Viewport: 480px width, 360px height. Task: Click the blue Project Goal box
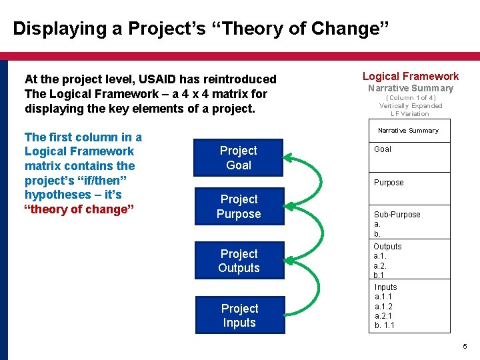(x=239, y=157)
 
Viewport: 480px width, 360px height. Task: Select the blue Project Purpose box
(x=239, y=206)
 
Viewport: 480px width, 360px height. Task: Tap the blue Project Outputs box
(x=239, y=261)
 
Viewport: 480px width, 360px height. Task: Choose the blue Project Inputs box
(x=239, y=315)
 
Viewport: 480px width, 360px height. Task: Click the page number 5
(x=465, y=347)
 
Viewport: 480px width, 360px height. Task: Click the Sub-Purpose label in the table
(x=397, y=215)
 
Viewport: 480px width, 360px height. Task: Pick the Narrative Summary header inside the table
(x=408, y=131)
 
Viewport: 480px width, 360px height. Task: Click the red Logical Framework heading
(x=410, y=76)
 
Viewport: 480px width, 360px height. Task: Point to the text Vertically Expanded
(x=411, y=106)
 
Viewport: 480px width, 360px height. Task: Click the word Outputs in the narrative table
(x=387, y=247)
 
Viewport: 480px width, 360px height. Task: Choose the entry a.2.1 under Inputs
(x=383, y=315)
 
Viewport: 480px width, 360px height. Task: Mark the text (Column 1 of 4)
(x=411, y=98)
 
